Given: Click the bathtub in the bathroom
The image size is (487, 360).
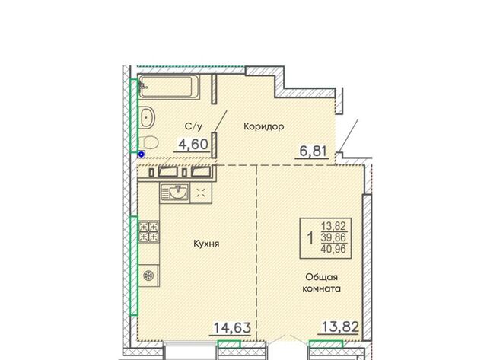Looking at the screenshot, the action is tap(169, 87).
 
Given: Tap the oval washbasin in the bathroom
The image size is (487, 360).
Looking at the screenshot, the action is tap(146, 117).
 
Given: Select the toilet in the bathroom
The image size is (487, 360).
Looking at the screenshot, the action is tap(148, 142).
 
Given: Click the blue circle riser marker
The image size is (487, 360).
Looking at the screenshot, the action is tap(142, 154).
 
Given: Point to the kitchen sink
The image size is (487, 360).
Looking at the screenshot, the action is tap(174, 193).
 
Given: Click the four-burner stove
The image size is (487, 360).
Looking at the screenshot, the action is tap(149, 231).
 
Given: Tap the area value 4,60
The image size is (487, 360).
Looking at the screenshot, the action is tap(193, 144).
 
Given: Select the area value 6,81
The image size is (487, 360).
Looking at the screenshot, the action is tap(313, 151).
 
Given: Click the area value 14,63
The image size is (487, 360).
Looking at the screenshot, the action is tap(232, 327).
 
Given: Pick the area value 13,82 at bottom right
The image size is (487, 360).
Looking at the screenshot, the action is tap(340, 327).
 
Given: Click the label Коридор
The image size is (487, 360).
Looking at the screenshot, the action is tap(264, 126).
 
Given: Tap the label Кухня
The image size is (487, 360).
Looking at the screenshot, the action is tap(206, 244).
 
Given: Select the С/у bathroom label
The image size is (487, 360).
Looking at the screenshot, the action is tap(193, 126).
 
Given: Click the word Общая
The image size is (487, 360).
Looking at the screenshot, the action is tap(321, 277).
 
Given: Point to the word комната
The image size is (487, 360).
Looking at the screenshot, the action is tap(321, 288).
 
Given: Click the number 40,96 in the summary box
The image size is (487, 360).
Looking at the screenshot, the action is tap(333, 249).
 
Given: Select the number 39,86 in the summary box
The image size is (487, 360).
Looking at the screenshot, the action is tap(333, 237).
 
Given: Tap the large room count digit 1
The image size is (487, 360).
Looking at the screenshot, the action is tap(310, 238).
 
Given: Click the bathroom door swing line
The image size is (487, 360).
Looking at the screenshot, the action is tap(221, 120).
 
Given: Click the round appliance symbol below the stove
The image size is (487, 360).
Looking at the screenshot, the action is tap(149, 276).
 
